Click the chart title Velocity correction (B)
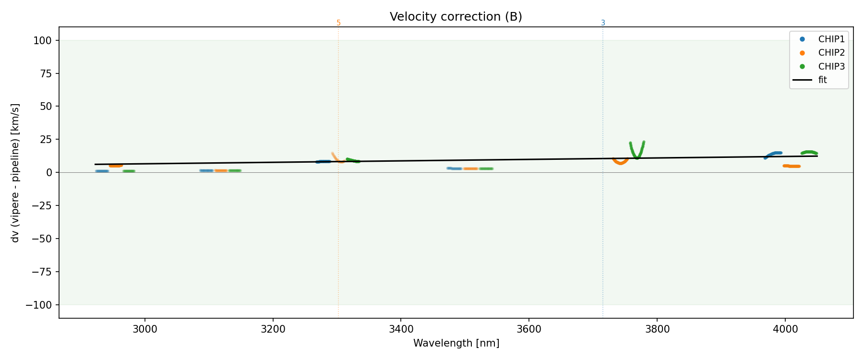pyautogui.click(x=456, y=17)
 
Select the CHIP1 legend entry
pyautogui.click(x=831, y=39)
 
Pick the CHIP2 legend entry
pyautogui.click(x=831, y=53)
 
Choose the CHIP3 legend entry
pyautogui.click(x=831, y=67)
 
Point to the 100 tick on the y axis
pyautogui.click(x=43, y=40)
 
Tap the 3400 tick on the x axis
pyautogui.click(x=401, y=329)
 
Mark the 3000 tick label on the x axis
pyautogui.click(x=144, y=329)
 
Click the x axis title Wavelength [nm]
pyautogui.click(x=456, y=343)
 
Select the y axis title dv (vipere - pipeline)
pyautogui.click(x=15, y=172)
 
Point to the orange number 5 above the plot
pyautogui.click(x=338, y=23)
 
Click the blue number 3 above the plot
pyautogui.click(x=603, y=23)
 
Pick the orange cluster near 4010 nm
pyautogui.click(x=792, y=166)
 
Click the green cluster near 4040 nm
pyautogui.click(x=809, y=152)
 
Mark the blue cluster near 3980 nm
pyautogui.click(x=773, y=154)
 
